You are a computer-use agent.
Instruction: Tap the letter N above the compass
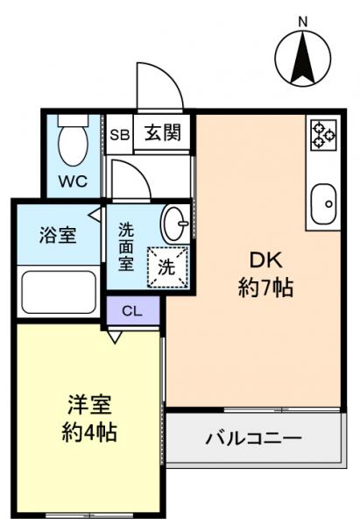tap(302, 19)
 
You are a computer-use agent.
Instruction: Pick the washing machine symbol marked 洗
tap(166, 268)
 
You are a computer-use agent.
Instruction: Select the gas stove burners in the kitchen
tap(322, 133)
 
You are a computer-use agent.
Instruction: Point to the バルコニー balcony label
tap(254, 437)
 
